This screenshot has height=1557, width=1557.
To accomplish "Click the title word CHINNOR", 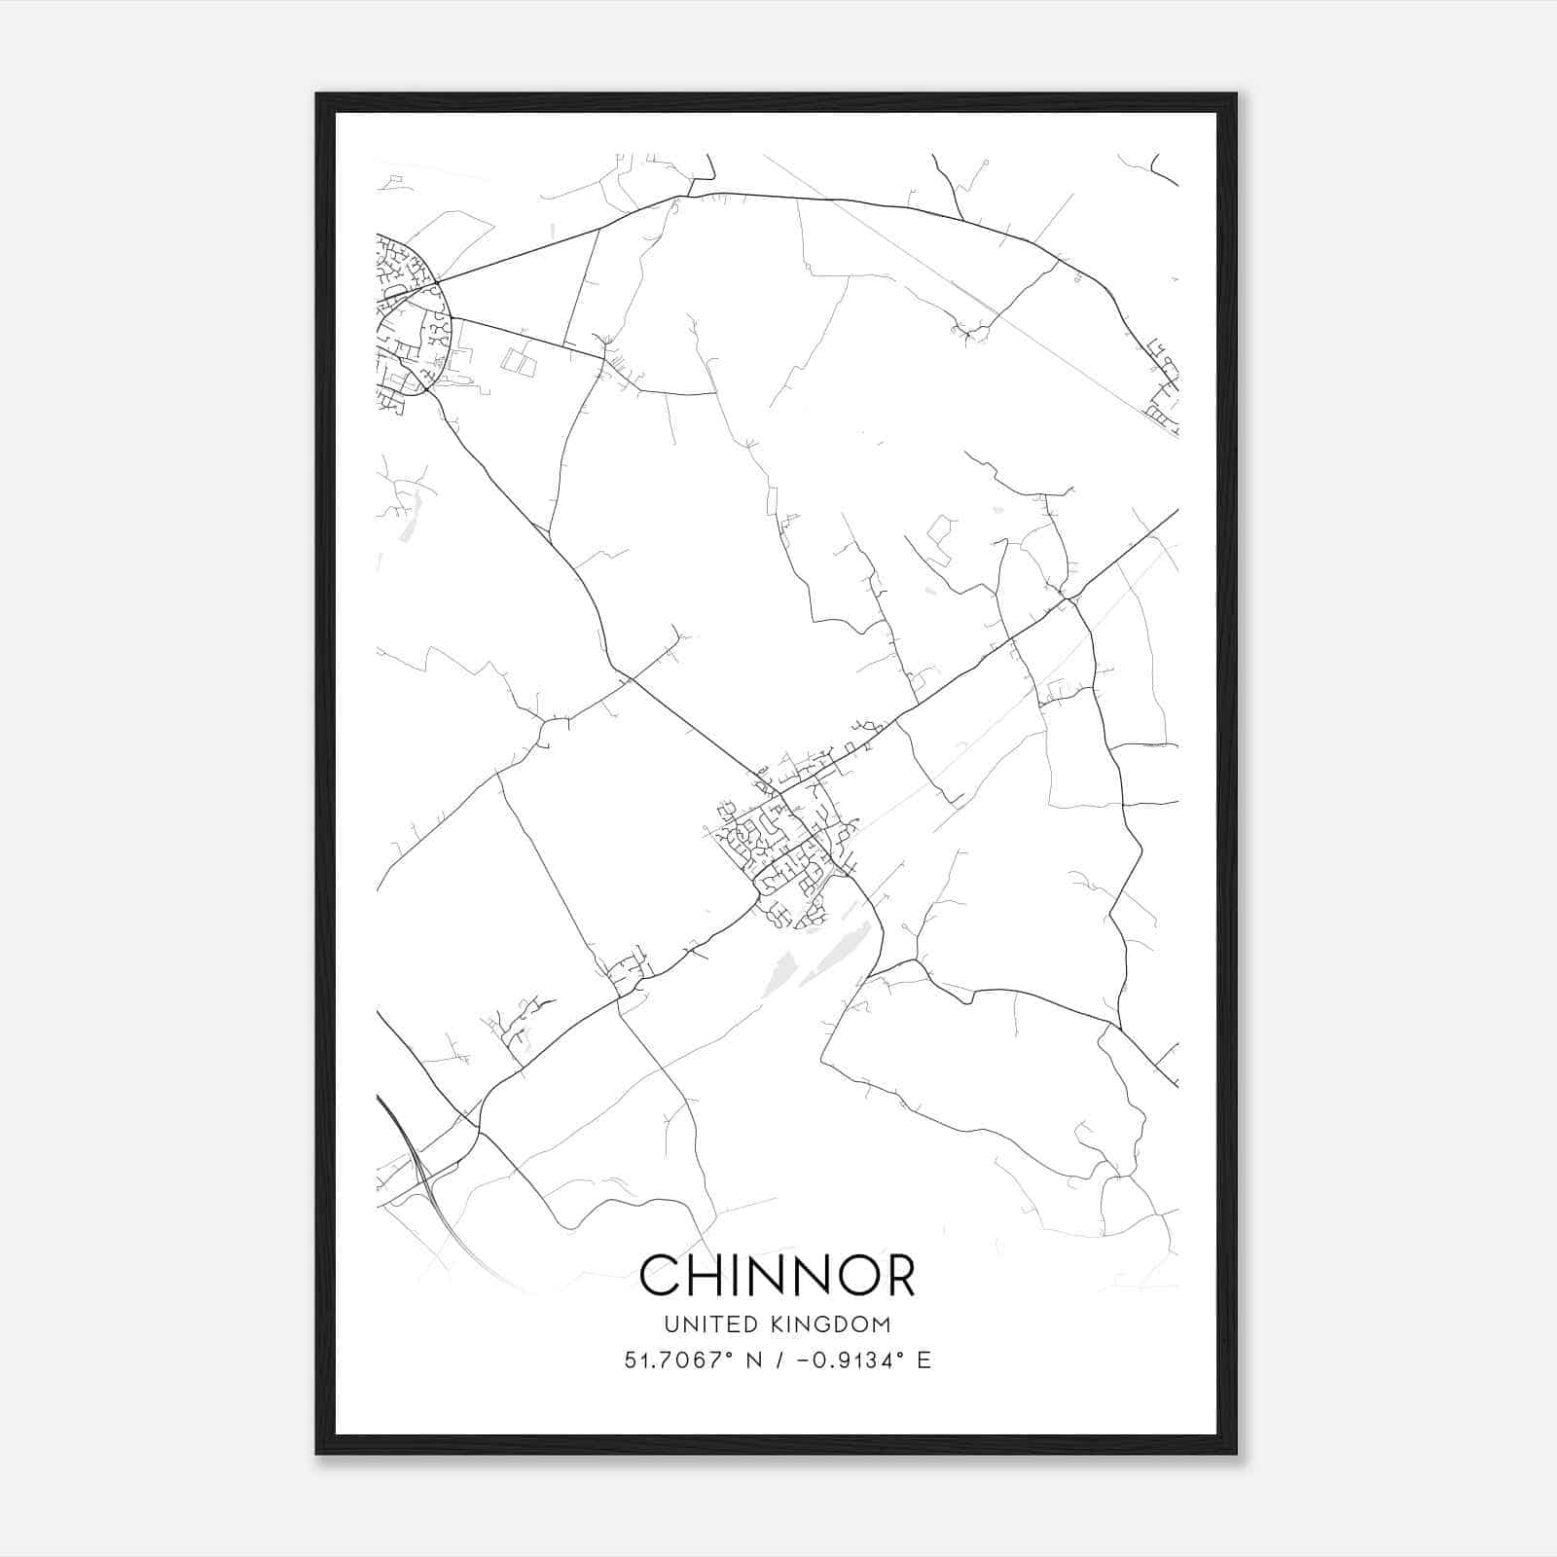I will pos(778,1275).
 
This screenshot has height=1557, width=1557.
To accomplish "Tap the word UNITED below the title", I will pos(692,1324).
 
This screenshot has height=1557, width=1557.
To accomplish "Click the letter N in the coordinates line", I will pos(753,1360).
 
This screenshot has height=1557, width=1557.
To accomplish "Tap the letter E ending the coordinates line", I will pos(923,1360).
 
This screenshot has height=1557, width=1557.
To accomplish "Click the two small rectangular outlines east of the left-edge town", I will pos(518,362).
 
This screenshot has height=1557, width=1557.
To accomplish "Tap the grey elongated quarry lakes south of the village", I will pos(817,959).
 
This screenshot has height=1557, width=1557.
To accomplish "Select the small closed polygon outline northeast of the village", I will pos(940,535).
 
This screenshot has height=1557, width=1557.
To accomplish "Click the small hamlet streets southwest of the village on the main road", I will pos(628,968).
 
